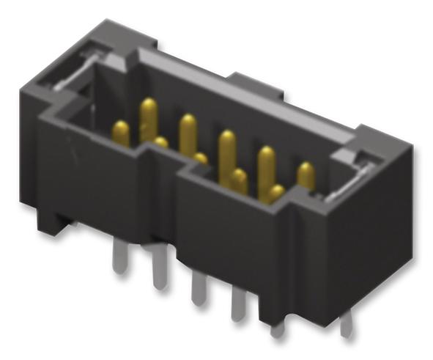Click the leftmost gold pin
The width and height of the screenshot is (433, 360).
(x=121, y=133)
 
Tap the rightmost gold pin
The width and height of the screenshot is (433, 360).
(x=306, y=176)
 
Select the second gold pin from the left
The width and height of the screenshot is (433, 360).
(x=148, y=117)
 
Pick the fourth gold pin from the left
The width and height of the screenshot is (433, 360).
(x=188, y=132)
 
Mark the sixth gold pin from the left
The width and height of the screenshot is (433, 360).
(x=227, y=150)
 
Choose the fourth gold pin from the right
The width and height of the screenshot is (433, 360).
(x=239, y=180)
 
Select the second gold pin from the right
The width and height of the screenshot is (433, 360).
(x=276, y=193)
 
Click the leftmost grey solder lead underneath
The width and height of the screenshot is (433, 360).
(x=119, y=258)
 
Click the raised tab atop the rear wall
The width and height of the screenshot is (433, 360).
(x=253, y=81)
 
